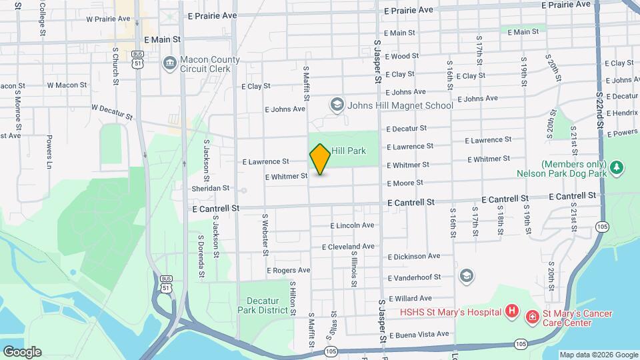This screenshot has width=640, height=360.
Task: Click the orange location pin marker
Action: tap(320, 159)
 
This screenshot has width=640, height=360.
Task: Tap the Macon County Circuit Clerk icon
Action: tap(169, 64)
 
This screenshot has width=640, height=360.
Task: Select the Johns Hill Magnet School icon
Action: tap(337, 105)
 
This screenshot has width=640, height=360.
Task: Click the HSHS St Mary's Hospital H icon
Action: tap(511, 311)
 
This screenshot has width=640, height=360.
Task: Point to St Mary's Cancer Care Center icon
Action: tap(533, 315)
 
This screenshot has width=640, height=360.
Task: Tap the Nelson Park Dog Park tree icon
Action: tap(617, 167)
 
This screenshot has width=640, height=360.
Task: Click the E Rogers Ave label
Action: tap(289, 271)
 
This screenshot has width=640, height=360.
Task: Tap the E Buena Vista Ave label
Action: tap(419, 334)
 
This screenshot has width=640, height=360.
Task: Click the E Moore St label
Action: tap(405, 183)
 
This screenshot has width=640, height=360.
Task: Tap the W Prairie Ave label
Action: tap(106, 19)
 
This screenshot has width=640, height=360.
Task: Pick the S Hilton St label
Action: tap(293, 297)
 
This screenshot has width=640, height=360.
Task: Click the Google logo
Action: tap(22, 351)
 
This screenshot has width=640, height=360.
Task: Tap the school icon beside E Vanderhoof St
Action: tap(466, 276)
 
